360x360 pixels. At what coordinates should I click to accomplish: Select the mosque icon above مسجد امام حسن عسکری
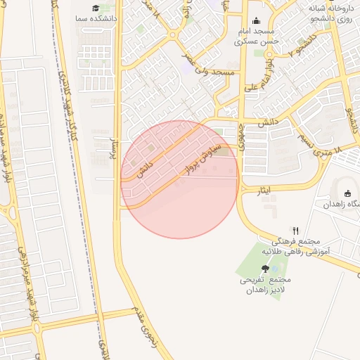click(256, 20)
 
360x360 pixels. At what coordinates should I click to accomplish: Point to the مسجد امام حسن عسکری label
click(255, 37)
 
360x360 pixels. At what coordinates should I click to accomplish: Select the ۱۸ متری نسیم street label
click(323, 141)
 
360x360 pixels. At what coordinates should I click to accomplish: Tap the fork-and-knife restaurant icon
click(296, 230)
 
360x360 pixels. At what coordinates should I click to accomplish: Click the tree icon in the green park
click(264, 268)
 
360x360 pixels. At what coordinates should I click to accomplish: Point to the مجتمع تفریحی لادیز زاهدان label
click(264, 284)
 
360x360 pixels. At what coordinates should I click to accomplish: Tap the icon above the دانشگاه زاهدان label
click(347, 194)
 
